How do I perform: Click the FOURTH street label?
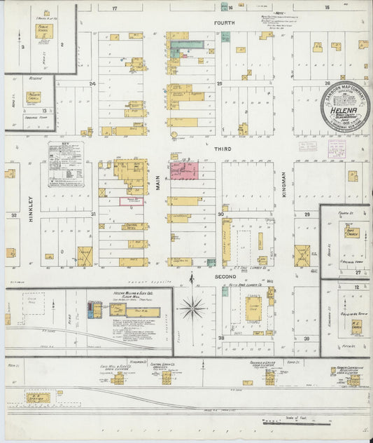click(224, 23)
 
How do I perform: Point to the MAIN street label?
click(158, 182)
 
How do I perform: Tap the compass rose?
click(191, 306)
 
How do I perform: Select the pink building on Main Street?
click(184, 170)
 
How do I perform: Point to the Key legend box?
click(66, 164)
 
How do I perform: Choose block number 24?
click(92, 83)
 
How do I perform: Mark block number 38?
click(220, 338)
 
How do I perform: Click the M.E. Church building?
click(356, 327)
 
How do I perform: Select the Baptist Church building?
click(351, 232)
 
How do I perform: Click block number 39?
click(306, 338)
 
